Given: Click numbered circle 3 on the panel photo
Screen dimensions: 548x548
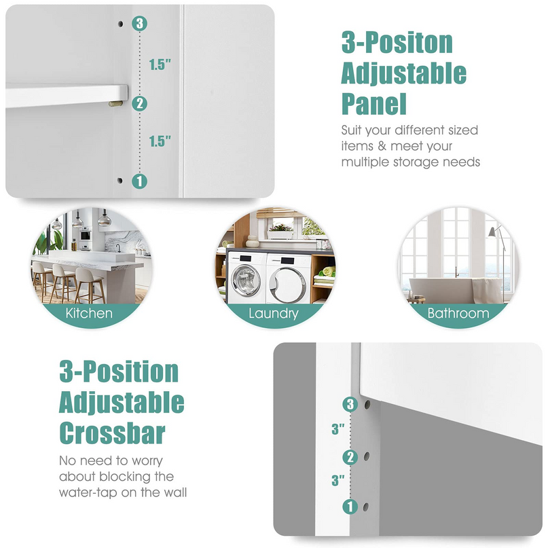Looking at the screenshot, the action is point(139,23).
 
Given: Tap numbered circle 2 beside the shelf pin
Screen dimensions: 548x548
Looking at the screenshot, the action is point(139,103).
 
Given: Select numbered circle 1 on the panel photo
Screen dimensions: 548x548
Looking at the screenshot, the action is point(139,181).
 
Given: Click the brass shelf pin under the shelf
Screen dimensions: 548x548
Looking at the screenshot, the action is point(115,103).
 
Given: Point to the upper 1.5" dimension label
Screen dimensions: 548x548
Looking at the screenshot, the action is point(160,65).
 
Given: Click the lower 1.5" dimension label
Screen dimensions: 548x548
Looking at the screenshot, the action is point(160,141).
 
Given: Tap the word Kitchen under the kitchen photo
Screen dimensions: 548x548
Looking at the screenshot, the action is point(89,313).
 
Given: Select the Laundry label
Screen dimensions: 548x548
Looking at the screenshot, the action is point(274,314).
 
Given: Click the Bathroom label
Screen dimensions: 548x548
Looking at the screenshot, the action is point(458,313).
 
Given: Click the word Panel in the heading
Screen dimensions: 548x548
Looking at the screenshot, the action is point(374,104).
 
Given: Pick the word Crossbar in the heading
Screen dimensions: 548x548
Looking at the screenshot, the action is point(112,433).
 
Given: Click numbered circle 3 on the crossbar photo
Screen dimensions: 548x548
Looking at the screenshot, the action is point(350,404).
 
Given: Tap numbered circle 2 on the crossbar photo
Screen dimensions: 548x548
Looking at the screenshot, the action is point(350,457).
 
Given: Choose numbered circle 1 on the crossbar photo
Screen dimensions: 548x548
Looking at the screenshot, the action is point(350,507).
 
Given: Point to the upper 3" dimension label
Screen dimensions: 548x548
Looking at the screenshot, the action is point(338,428).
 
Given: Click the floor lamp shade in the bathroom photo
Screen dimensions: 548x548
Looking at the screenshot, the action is point(492,232).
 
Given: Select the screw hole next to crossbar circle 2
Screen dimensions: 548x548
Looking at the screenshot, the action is point(367,456).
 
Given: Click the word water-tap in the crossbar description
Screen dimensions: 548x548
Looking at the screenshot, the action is point(88,493).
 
